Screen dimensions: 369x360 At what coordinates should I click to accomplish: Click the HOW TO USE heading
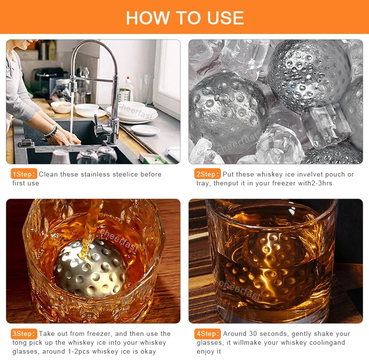tap(184, 18)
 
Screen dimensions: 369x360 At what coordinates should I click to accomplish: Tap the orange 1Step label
tap(24, 174)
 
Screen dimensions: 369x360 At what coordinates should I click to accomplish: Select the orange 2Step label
tap(207, 174)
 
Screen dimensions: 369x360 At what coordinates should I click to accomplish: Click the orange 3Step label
tap(24, 333)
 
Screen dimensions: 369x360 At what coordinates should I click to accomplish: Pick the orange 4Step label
tap(207, 333)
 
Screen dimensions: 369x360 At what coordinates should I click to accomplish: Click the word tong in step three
tap(19, 343)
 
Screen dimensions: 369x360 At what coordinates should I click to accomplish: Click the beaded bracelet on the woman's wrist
tap(51, 132)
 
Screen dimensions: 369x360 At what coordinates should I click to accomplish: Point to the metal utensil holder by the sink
tap(125, 95)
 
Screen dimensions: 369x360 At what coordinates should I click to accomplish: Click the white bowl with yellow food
tap(61, 107)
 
